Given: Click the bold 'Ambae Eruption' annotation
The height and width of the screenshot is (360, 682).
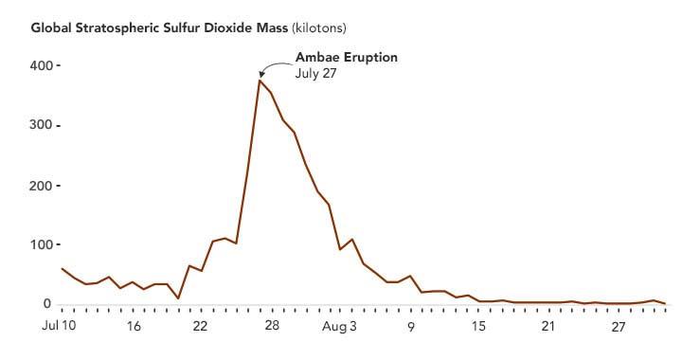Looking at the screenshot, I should [x=347, y=57].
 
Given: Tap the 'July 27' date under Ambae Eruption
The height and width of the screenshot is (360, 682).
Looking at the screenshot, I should [x=316, y=73].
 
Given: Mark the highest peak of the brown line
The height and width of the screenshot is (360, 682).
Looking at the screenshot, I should [x=260, y=81].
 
